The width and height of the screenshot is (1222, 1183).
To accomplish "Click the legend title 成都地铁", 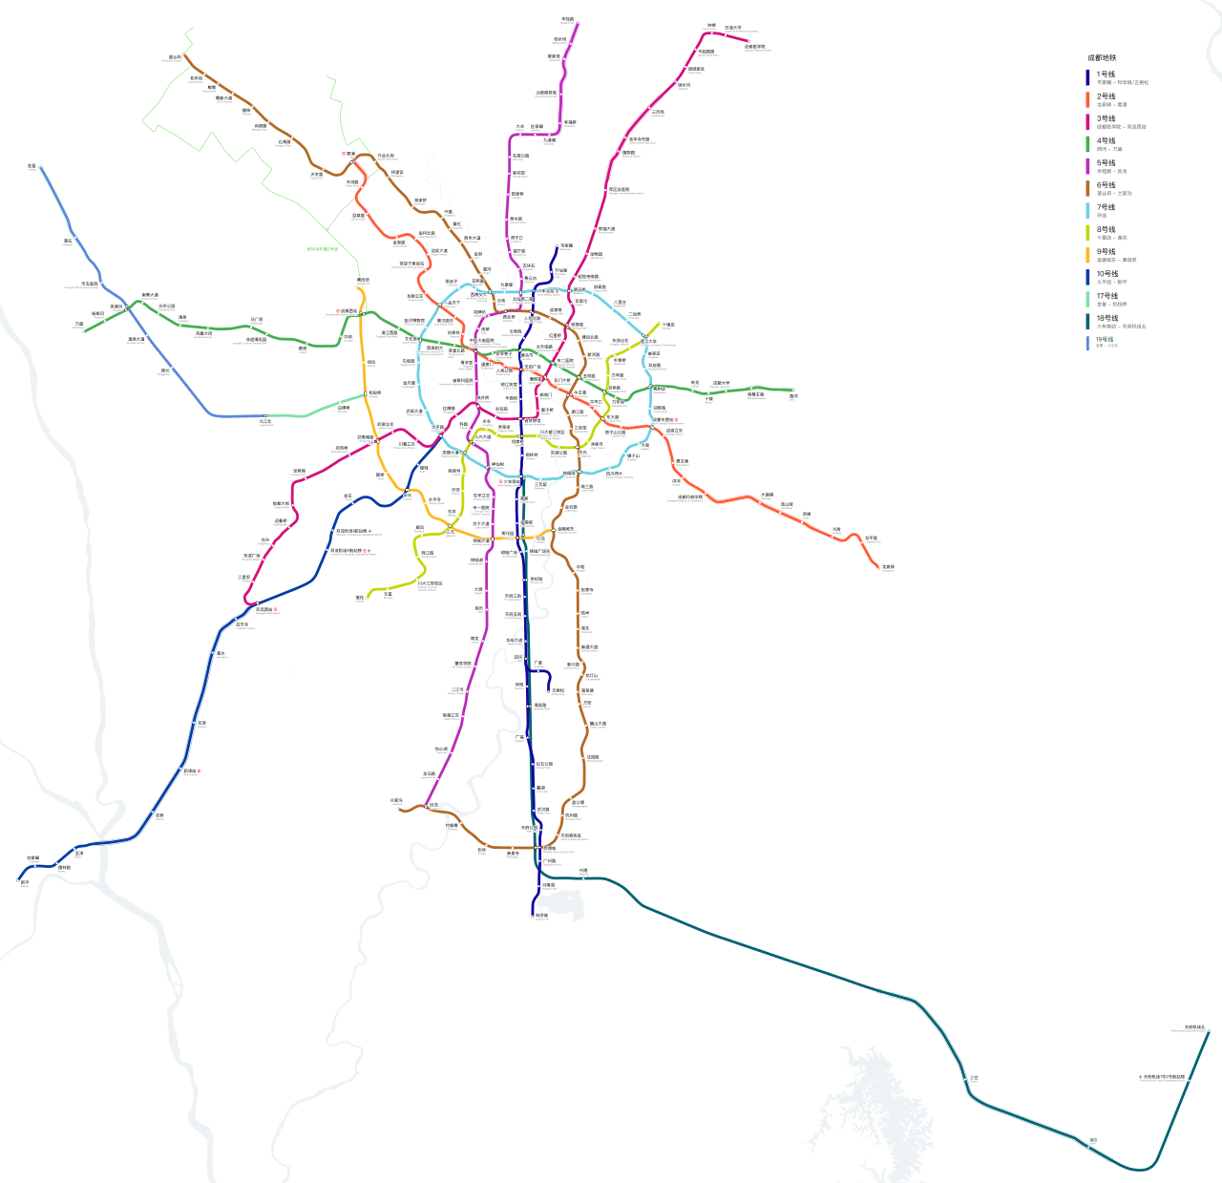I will tap(1101, 58).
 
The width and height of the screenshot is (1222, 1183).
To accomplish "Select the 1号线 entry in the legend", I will tap(1106, 74).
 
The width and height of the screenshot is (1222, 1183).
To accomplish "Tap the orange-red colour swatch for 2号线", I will tap(1087, 99).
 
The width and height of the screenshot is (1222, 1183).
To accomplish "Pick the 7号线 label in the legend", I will tap(1106, 207).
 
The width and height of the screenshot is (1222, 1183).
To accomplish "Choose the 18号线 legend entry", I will tap(1106, 318).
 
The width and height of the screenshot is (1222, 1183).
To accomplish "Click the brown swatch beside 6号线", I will tap(1087, 188).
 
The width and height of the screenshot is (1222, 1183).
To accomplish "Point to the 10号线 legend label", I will tap(1106, 274).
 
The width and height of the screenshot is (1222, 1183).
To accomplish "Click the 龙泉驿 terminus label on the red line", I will tap(888, 567).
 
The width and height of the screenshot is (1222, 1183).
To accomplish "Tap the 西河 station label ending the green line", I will tap(794, 395).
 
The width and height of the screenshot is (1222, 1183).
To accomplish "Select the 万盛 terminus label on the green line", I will tap(79, 324).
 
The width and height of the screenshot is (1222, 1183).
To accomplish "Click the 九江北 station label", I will tap(265, 420).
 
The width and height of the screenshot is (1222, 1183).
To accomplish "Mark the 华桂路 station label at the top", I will tap(567, 18).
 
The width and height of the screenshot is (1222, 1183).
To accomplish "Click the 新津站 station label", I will tap(190, 771).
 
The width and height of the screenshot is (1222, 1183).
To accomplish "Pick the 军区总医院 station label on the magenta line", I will tap(621, 189).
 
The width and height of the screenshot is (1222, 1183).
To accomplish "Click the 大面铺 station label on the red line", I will tap(768, 495).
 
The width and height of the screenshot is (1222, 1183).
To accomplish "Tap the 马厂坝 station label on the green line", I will tap(256, 320).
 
